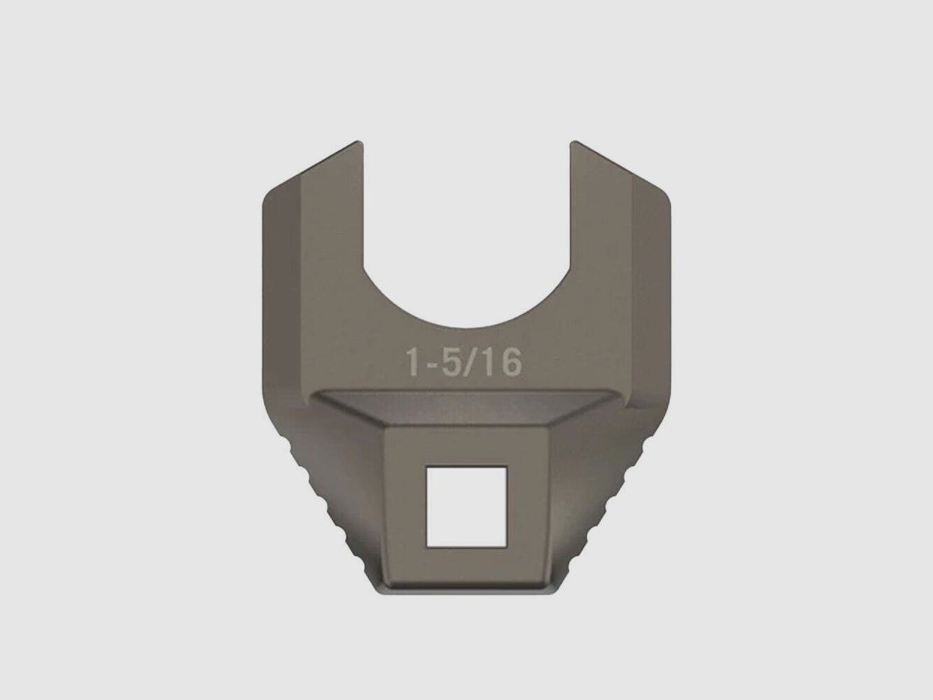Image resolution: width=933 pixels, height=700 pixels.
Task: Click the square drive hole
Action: click(466, 507)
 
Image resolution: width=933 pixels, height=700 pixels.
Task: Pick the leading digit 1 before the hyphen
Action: click(414, 362)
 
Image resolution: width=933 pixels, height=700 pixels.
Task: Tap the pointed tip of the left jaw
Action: click(360, 141)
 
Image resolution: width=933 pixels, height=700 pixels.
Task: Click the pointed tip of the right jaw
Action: click(573, 141)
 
